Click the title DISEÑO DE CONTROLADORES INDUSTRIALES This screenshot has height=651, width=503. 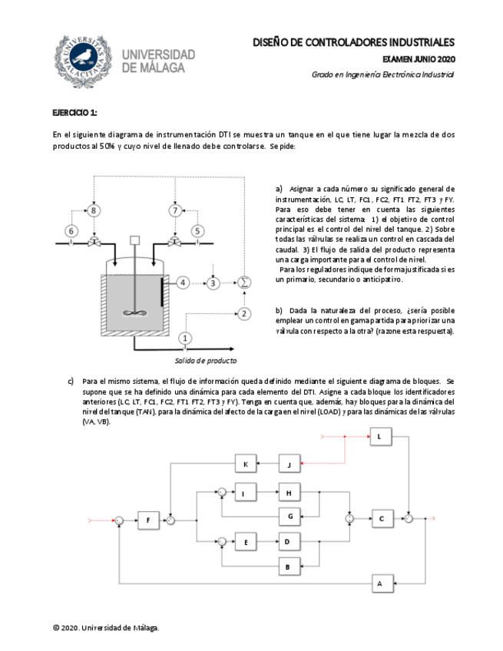[x=353, y=42]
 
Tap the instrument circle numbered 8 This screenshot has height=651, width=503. [x=94, y=210]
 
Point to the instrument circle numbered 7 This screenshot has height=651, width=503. [x=175, y=210]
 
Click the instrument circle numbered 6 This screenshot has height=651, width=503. [x=71, y=230]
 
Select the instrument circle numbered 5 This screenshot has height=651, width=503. [x=198, y=230]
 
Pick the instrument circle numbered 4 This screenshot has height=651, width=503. [x=183, y=283]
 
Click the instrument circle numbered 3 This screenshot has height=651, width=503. [x=214, y=283]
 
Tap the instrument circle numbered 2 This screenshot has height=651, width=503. [x=244, y=313]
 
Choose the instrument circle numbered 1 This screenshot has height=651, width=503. [x=184, y=338]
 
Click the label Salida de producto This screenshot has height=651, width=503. [x=206, y=360]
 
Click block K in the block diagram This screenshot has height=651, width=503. [x=245, y=464]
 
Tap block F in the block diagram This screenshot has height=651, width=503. [x=148, y=520]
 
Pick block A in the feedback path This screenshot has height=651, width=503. [x=379, y=583]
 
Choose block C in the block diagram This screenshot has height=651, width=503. [x=382, y=519]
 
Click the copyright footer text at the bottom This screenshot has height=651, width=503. [x=106, y=628]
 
